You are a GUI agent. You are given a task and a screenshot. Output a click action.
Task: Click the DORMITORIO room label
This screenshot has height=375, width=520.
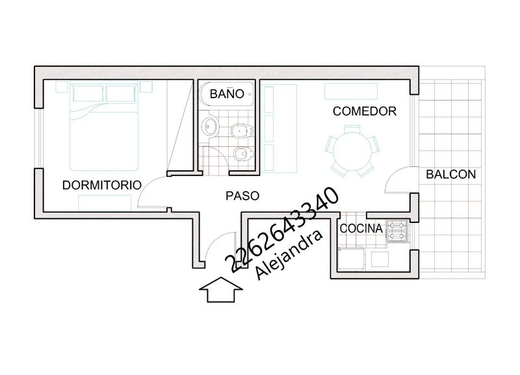102,185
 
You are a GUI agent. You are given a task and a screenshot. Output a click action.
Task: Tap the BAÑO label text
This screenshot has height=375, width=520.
227,94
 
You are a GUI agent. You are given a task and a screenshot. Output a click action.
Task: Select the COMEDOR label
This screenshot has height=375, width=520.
365,111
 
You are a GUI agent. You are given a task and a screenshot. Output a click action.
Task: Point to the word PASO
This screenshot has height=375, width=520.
242,196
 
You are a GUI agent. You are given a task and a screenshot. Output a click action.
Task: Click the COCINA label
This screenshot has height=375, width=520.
361,229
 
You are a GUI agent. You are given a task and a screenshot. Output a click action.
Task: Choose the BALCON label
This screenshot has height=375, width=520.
450,174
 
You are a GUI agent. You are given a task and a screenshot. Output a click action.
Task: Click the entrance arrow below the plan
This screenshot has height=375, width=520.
221,289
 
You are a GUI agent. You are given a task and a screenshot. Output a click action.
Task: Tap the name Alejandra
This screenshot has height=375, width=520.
289,255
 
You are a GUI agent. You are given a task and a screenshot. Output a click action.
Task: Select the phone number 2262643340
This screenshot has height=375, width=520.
282,230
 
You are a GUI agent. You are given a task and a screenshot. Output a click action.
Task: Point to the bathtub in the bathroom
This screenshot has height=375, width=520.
227,94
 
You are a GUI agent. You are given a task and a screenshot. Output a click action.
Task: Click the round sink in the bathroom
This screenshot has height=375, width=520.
210,126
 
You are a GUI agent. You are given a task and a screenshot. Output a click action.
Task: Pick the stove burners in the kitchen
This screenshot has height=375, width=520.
397,231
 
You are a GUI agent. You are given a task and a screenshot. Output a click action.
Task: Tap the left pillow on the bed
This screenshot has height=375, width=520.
88,94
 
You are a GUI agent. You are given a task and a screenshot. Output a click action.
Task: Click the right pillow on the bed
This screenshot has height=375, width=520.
121,94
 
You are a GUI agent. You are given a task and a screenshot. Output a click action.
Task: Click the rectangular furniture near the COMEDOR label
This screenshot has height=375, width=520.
351,92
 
